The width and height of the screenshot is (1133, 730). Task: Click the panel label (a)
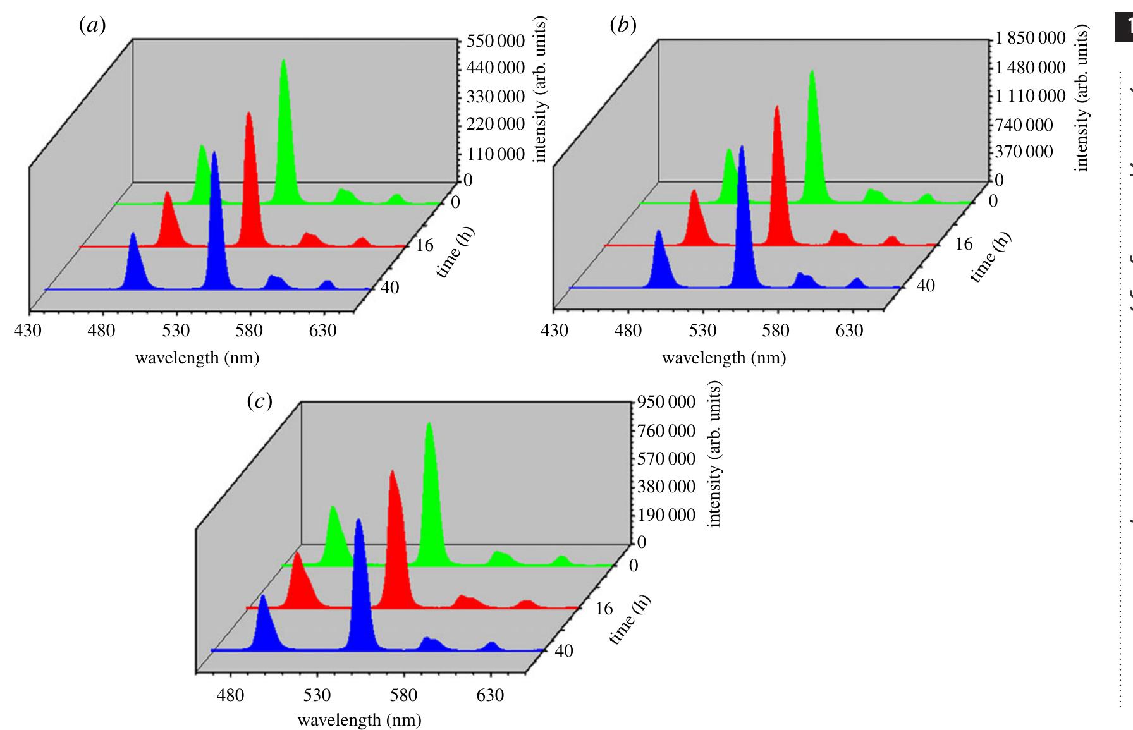click(92, 26)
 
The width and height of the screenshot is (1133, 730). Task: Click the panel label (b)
click(623, 26)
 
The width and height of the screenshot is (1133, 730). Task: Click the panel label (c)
click(259, 401)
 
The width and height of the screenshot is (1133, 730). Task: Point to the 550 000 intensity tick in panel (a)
click(495, 41)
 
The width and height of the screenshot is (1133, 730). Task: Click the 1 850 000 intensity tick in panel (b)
click(1031, 38)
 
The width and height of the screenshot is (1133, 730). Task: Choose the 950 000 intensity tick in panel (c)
click(666, 402)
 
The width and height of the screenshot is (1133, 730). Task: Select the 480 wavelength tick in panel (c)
click(230, 695)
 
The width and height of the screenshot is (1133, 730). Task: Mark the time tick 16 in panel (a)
click(425, 245)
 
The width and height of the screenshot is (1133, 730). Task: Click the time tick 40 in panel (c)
click(564, 651)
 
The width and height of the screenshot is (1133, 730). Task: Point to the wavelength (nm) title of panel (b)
click(724, 358)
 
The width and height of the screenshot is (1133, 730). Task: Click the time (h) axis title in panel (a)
click(455, 252)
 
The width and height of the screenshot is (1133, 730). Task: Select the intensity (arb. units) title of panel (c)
click(714, 454)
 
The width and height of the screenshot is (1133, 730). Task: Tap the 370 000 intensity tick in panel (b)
click(1024, 152)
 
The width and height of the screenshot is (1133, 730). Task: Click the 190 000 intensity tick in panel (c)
click(666, 515)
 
